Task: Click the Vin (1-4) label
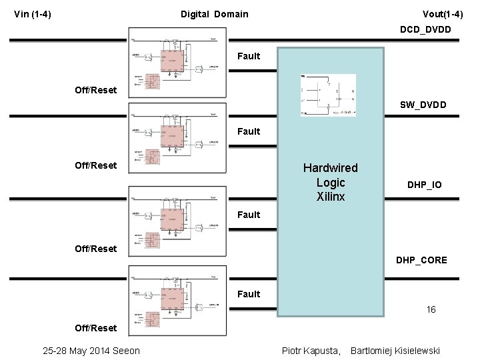[x=33, y=14]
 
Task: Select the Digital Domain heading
[x=214, y=14]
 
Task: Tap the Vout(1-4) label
[x=443, y=14]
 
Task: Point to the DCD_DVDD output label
[x=425, y=29]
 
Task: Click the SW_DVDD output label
[x=423, y=105]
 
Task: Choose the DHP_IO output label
[x=425, y=185]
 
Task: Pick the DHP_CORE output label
[x=421, y=260]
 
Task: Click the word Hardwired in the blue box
[x=330, y=168]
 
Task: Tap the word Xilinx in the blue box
[x=331, y=197]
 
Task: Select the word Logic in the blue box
[x=331, y=183]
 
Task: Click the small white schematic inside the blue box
[x=328, y=95]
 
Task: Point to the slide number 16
[x=431, y=309]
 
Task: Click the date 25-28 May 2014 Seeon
[x=91, y=351]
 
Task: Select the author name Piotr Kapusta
[x=311, y=351]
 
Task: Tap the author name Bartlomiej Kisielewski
[x=395, y=351]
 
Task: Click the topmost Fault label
[x=249, y=56]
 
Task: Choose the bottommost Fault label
[x=249, y=294]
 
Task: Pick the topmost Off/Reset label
[x=95, y=90]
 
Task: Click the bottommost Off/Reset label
[x=95, y=328]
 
